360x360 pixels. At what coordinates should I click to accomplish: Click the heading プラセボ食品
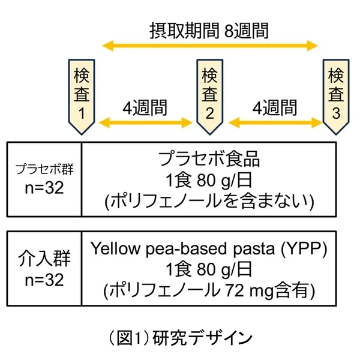point(209,159)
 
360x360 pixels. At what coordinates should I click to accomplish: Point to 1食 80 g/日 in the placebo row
point(209,180)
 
